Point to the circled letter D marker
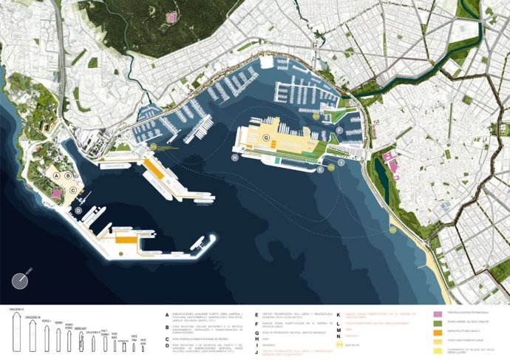(x=78, y=211)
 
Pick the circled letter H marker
(x=235, y=157)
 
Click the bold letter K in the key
(x=338, y=313)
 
